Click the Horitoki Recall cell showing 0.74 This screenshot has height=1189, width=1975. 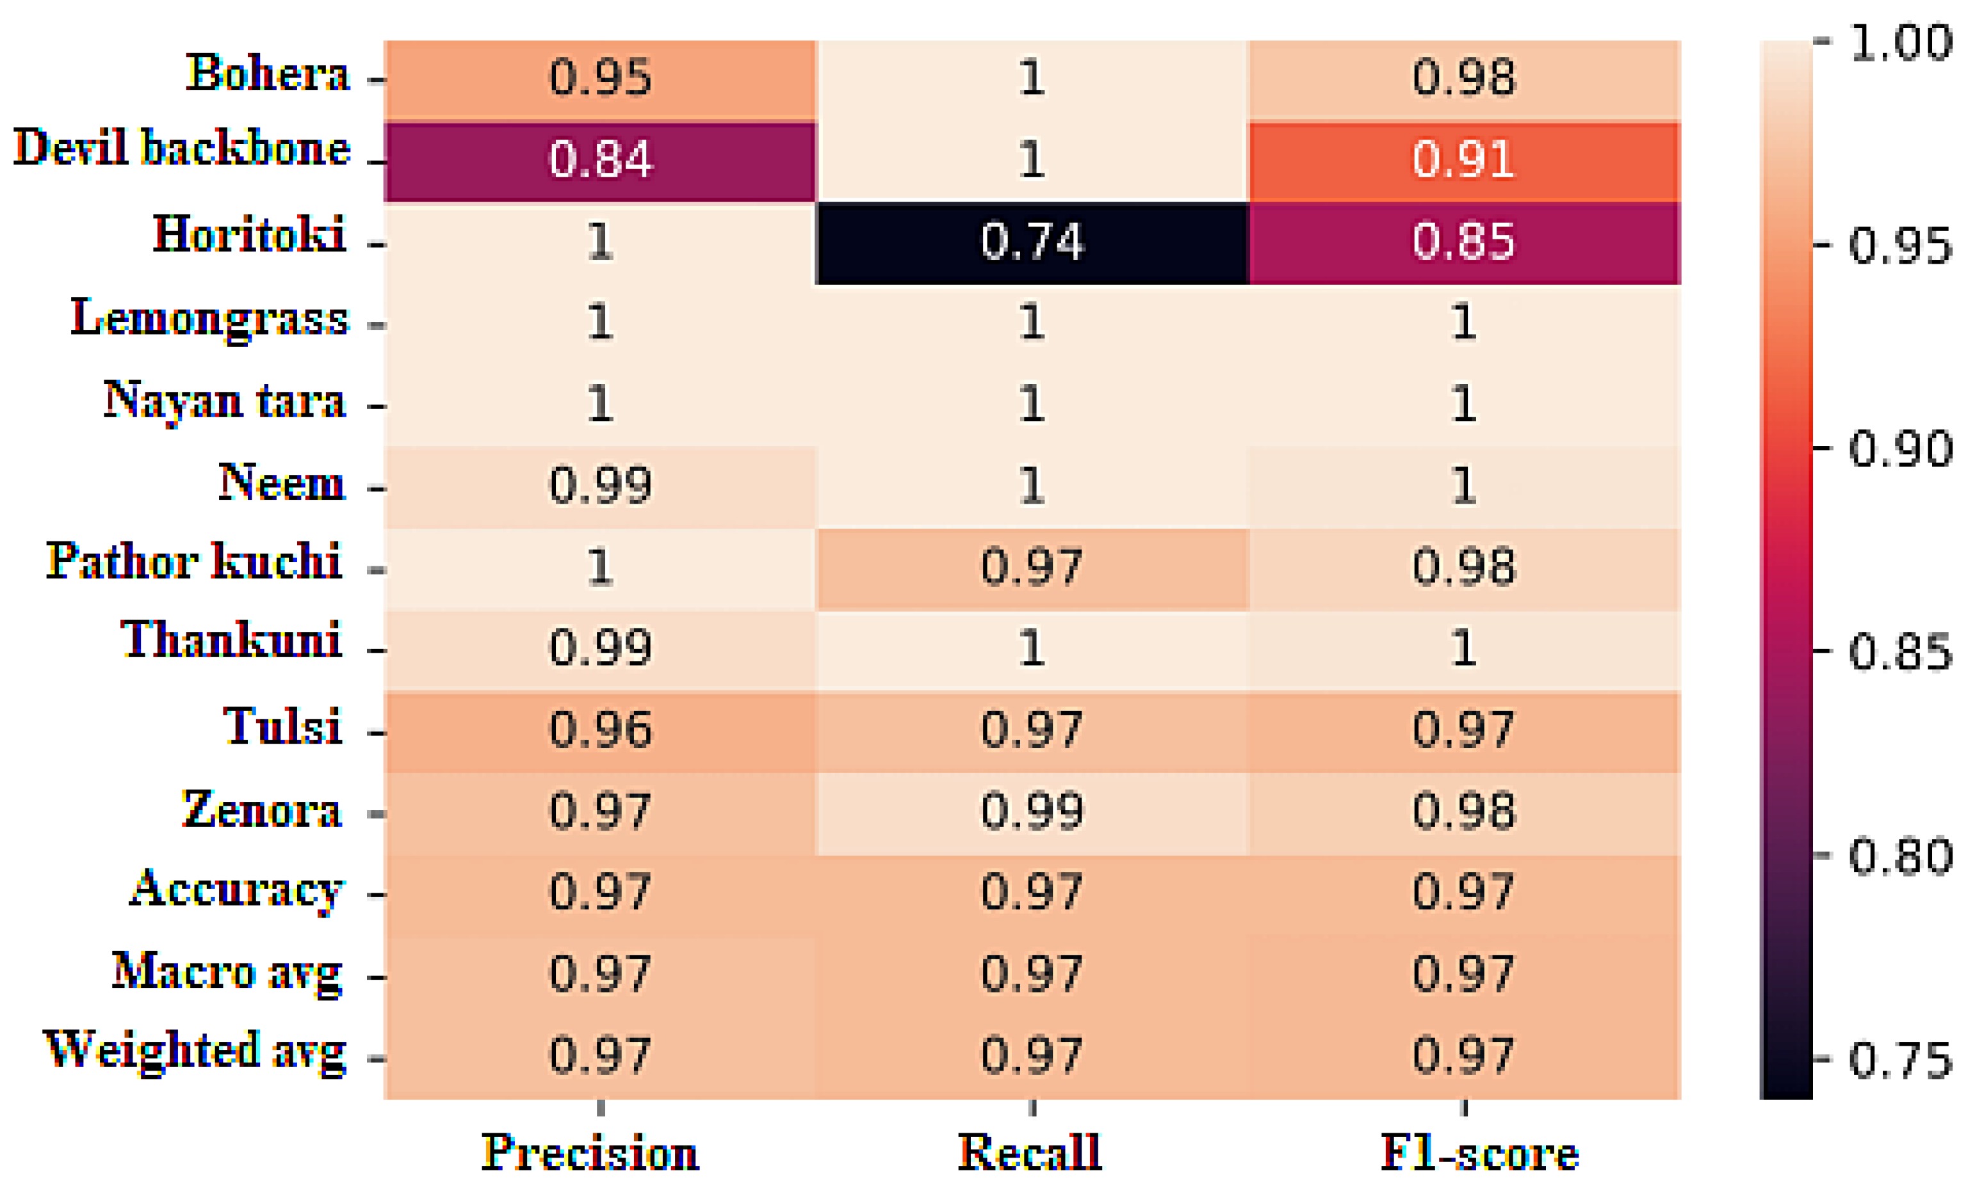pos(1032,243)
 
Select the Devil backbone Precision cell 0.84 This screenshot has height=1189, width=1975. pos(599,160)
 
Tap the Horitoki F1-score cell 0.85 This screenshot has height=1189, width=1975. pos(1463,243)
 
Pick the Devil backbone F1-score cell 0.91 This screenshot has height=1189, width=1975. pos(1463,160)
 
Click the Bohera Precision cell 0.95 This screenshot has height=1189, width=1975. pos(599,79)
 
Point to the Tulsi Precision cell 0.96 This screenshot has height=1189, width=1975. pos(599,731)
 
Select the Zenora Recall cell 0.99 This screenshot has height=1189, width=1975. pos(1032,811)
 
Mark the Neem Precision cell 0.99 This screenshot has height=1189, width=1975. pos(599,486)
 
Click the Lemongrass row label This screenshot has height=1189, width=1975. pos(210,319)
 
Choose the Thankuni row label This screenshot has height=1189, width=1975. pos(231,641)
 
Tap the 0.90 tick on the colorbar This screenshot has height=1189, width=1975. pos(1899,449)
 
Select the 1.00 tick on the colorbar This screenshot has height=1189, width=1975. pos(1899,42)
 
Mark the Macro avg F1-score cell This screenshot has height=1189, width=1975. pos(1463,974)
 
